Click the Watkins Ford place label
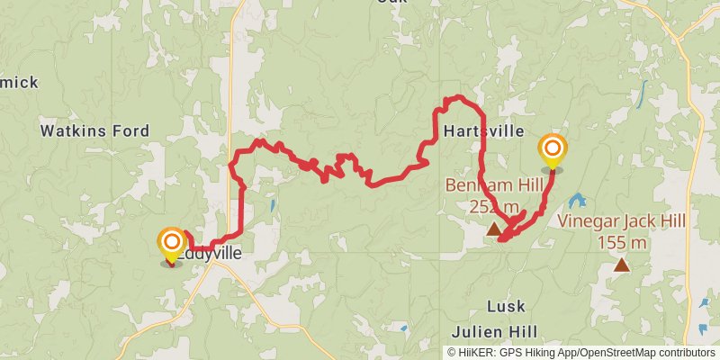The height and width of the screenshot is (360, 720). pyautogui.click(x=94, y=131)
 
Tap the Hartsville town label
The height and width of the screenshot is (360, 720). pyautogui.click(x=484, y=131)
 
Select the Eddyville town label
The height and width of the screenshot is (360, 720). pyautogui.click(x=211, y=255)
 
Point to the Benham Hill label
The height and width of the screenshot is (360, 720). pyautogui.click(x=494, y=186)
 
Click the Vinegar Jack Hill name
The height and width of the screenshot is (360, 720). pyautogui.click(x=621, y=221)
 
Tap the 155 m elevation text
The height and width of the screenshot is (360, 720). pyautogui.click(x=621, y=242)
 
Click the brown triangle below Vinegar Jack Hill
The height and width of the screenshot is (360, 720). pyautogui.click(x=621, y=265)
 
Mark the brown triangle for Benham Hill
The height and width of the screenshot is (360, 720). pyautogui.click(x=493, y=230)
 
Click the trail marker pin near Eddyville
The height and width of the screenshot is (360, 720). pyautogui.click(x=171, y=243)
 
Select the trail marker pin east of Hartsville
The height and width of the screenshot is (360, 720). pyautogui.click(x=552, y=150)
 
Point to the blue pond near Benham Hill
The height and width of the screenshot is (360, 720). pyautogui.click(x=577, y=200)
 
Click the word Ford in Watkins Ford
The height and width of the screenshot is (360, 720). pyautogui.click(x=130, y=131)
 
